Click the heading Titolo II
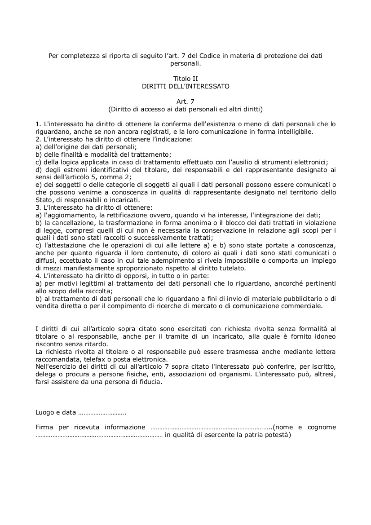pyautogui.click(x=185, y=79)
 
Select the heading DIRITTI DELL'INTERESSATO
pyautogui.click(x=185, y=86)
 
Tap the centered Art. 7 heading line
pyautogui.click(x=185, y=101)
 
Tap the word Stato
pyautogui.click(x=44, y=200)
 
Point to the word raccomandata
pyautogui.click(x=55, y=359)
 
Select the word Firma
pyautogui.click(x=44, y=428)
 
